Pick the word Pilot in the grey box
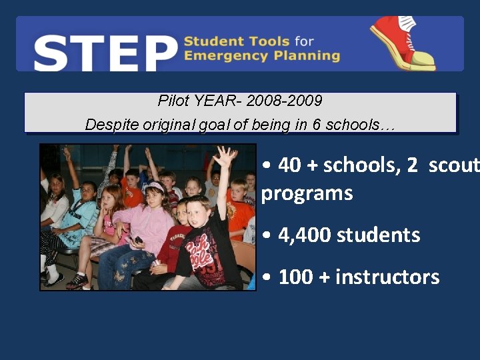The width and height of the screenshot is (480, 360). (173, 101)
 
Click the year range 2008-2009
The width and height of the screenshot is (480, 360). (284, 101)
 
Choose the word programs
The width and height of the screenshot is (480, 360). (307, 193)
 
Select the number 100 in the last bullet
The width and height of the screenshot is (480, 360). (296, 276)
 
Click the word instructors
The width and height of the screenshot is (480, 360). (387, 276)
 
